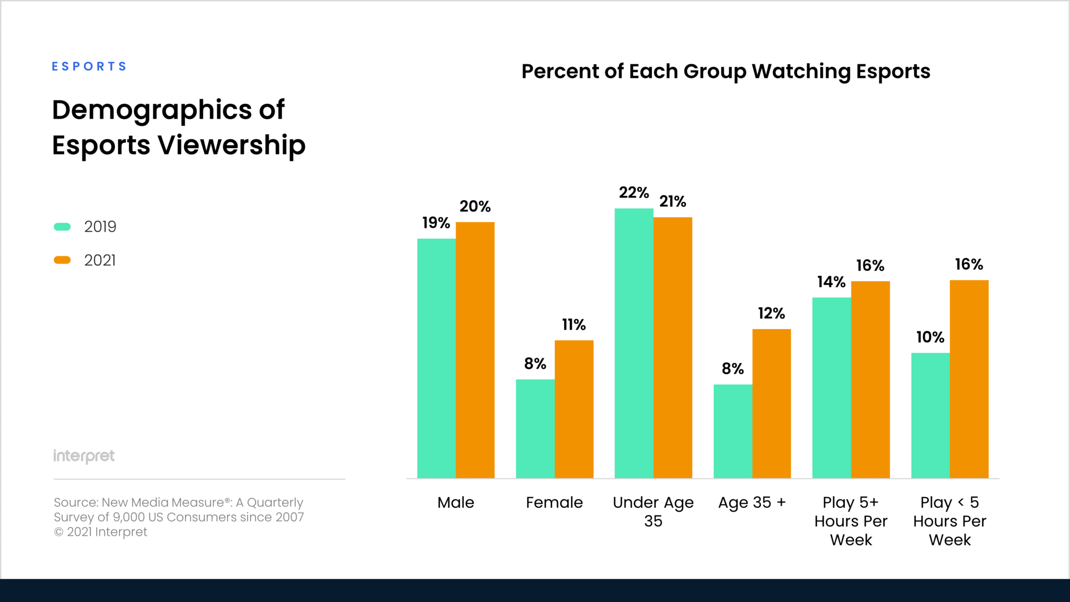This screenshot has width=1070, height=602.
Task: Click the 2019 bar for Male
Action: point(436,358)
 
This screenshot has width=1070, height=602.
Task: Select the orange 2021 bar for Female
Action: point(574,409)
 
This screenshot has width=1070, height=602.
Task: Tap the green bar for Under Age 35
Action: point(634,343)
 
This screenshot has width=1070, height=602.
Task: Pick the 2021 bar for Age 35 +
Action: point(771,403)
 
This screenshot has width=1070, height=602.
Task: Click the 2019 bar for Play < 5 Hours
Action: point(930,415)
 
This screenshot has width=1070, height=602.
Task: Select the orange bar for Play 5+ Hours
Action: point(870,379)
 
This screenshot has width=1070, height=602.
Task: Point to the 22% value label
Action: point(634,193)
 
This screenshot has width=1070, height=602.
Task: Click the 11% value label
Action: point(574,325)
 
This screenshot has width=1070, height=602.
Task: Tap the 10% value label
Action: point(930,338)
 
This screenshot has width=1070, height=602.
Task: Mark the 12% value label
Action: point(771,314)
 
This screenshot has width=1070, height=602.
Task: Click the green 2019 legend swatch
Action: point(62,227)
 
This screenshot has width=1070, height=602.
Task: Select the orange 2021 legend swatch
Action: point(62,260)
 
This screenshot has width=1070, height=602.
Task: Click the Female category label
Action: point(554,503)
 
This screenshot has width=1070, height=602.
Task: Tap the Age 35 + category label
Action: point(752,503)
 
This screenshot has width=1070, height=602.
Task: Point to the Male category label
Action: point(456,503)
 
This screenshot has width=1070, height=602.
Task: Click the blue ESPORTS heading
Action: point(89,66)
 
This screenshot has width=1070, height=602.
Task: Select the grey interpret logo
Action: point(84,456)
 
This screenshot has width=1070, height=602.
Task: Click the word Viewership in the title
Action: point(231,145)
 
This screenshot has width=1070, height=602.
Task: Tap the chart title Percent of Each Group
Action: point(725,72)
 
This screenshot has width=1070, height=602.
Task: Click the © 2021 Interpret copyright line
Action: point(101,532)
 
